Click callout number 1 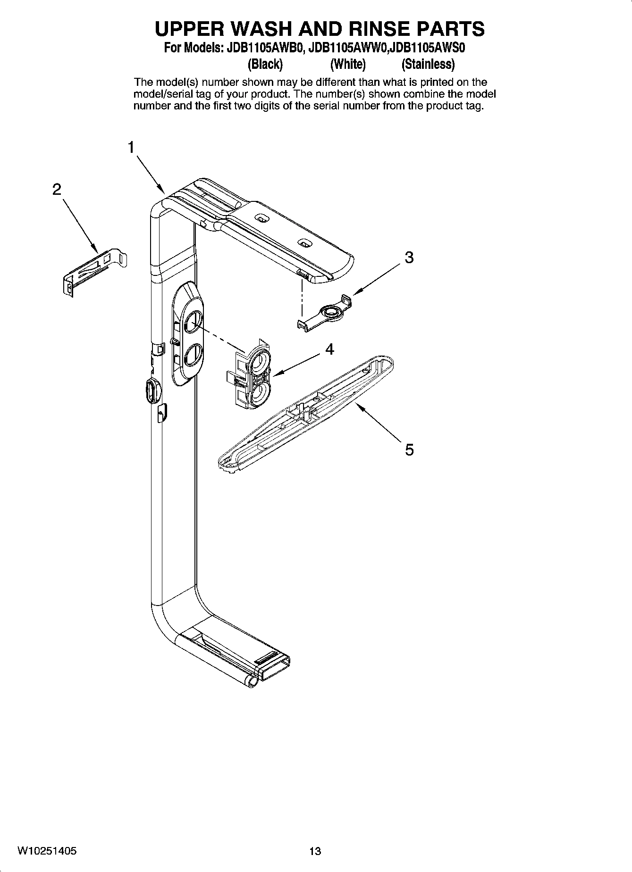[x=131, y=147]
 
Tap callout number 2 [x=57, y=190]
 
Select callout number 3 [x=409, y=257]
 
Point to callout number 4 [x=329, y=349]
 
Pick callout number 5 [x=409, y=450]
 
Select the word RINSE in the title [x=377, y=29]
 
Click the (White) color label [x=348, y=64]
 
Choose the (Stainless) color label [x=428, y=64]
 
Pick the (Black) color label [x=265, y=64]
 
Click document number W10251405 [x=48, y=851]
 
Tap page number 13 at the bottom [x=315, y=851]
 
